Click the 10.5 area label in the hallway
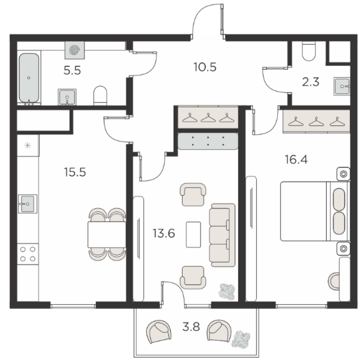[205, 67]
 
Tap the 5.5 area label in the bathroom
[72, 70]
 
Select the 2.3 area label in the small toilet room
[311, 82]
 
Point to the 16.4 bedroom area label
[296, 160]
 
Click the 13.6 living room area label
[164, 233]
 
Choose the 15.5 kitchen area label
[75, 172]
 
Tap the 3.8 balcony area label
[191, 327]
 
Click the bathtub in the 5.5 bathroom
[29, 78]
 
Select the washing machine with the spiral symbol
[74, 50]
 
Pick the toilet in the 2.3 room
[309, 51]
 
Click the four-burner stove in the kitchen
[28, 254]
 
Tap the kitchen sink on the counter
[28, 204]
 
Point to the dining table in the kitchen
[107, 235]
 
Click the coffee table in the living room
[193, 235]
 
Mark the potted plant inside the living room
[227, 292]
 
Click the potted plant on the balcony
[240, 339]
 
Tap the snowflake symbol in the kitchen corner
[28, 145]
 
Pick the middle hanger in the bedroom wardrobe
[316, 122]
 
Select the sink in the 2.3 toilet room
[341, 86]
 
